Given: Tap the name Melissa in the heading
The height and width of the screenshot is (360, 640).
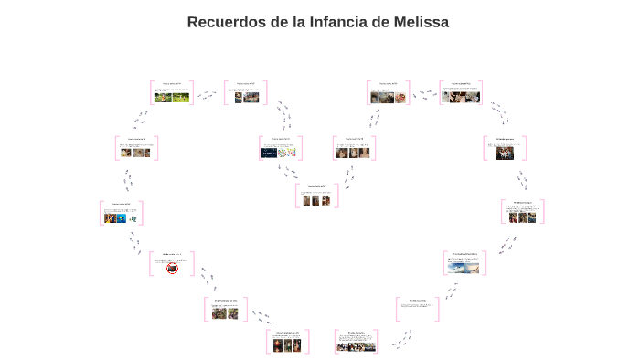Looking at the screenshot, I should coord(416,22).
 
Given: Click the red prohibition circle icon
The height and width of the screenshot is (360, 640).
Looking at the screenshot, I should coord(171,268).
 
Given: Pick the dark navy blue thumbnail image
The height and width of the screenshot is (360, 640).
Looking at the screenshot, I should coord(269,154).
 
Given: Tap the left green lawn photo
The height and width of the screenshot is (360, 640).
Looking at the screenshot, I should coord(163,97).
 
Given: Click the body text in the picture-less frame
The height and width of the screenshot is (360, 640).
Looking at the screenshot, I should coord(417,307).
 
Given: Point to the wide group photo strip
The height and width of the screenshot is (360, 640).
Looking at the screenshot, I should coord(356,346).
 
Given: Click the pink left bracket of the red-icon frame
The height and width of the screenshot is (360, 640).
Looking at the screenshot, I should coord(151,265).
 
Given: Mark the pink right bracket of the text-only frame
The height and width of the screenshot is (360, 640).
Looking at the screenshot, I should coord(438,309).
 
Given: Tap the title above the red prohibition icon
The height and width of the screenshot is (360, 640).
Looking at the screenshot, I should coord(172,254).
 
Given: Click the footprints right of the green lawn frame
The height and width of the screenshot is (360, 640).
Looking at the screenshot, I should coord(208,94).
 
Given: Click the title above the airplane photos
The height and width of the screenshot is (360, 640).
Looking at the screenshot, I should coord(464,253).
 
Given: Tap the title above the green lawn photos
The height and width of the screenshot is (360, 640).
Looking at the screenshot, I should coord(172,83).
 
